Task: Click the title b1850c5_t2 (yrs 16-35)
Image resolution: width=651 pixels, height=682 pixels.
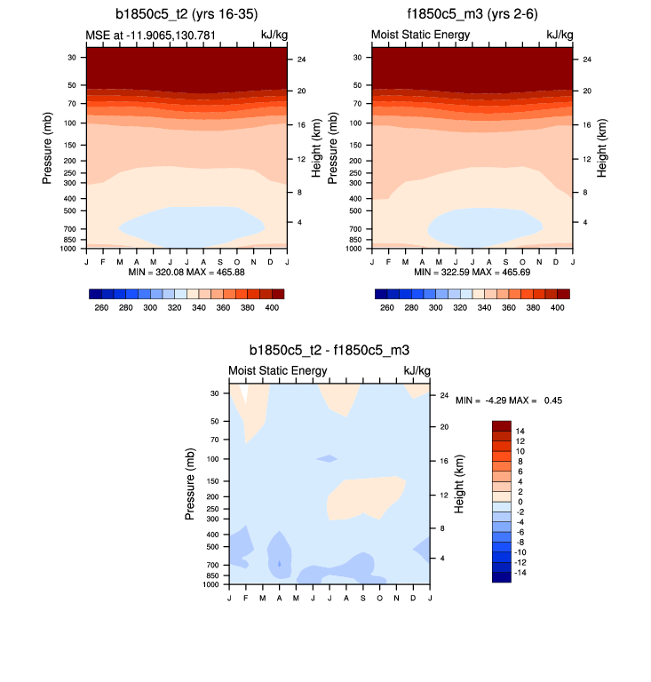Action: (x=186, y=13)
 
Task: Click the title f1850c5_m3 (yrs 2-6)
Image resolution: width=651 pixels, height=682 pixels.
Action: (x=471, y=13)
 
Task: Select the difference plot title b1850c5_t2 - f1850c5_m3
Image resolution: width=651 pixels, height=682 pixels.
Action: (x=329, y=351)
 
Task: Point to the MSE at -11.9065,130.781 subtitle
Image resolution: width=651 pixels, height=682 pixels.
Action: (x=145, y=35)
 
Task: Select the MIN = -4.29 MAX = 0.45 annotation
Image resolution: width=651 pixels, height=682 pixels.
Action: (x=509, y=400)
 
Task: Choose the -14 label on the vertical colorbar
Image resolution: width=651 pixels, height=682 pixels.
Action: (x=523, y=573)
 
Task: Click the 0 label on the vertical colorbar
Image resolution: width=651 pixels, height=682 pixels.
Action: (x=519, y=502)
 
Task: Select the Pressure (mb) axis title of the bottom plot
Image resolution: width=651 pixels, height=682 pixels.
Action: (x=191, y=484)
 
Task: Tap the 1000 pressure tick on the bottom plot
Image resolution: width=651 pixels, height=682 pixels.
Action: (x=210, y=585)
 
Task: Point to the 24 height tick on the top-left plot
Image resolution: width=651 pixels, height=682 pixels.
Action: (x=301, y=59)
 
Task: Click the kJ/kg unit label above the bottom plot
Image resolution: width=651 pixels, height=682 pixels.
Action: (x=417, y=370)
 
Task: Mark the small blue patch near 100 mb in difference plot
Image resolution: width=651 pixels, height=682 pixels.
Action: (x=328, y=458)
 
